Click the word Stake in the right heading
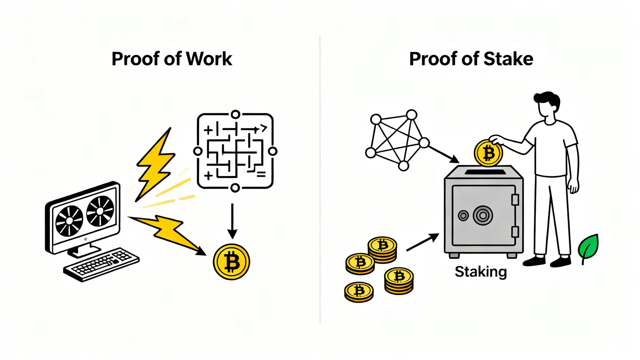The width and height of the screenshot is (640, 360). (508, 59)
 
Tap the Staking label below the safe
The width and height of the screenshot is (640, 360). (481, 272)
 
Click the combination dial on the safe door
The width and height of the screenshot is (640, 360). (483, 215)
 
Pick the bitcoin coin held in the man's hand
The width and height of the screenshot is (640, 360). (488, 153)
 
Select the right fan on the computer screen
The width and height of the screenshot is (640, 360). (100, 211)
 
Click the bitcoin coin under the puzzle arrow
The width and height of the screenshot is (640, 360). (231, 262)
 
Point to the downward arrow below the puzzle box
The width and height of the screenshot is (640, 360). (232, 221)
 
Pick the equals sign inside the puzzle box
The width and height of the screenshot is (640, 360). (261, 175)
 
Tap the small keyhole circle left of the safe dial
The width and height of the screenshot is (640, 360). (463, 216)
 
